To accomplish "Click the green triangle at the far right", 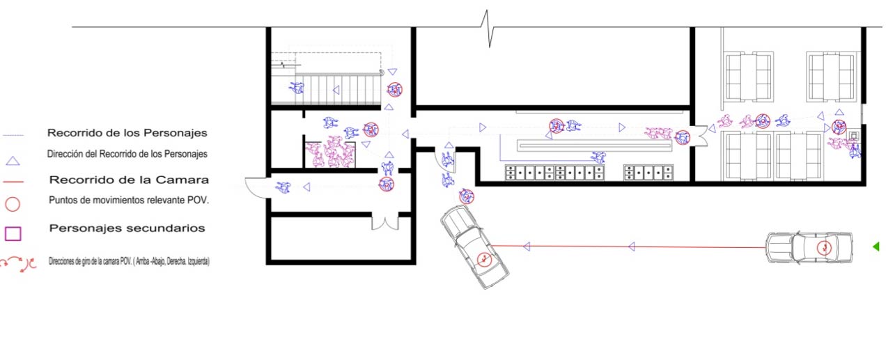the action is tap(876, 246).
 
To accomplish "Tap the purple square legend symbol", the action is tap(13, 234).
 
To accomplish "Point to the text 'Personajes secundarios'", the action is tap(127, 228).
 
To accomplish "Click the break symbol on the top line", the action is tap(488, 28).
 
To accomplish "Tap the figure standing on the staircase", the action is tap(297, 87).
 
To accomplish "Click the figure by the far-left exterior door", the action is tap(283, 187).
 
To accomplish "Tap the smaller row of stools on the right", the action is tap(648, 173).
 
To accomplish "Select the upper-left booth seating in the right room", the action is tap(748, 77).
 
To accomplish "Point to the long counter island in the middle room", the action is tap(595, 145).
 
